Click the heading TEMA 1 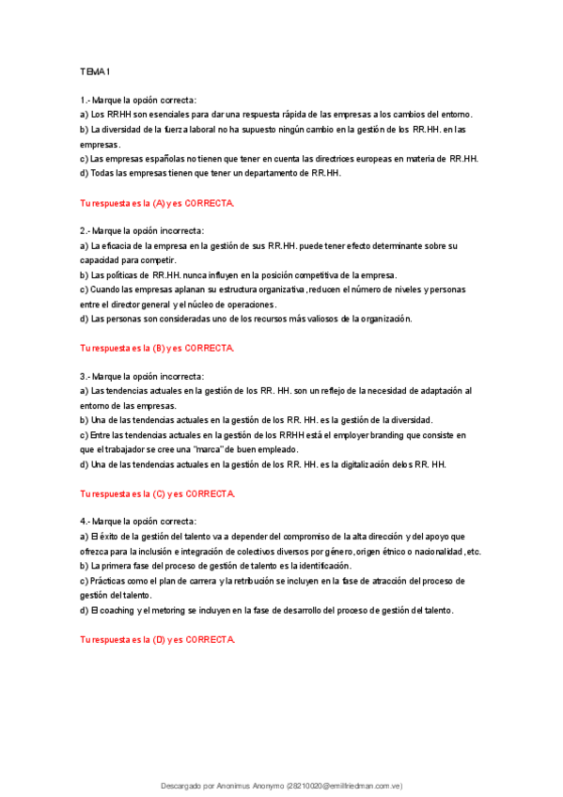coord(95,70)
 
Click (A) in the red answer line coord(159,203)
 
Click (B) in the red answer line coord(159,348)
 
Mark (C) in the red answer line coord(159,493)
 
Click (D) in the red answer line coord(159,639)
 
